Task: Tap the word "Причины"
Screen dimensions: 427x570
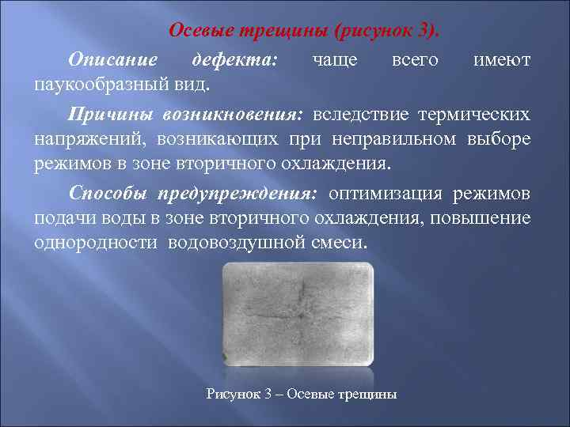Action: point(110,115)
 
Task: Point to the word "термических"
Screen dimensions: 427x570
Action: point(477,115)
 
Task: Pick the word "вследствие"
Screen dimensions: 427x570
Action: point(360,115)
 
